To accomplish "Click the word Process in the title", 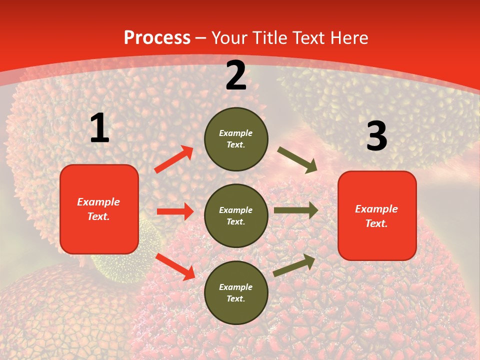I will [x=157, y=37].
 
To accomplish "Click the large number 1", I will [x=99, y=128].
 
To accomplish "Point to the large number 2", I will [x=236, y=75].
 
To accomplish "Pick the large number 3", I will [x=376, y=136].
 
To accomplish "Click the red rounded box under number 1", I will [x=99, y=209].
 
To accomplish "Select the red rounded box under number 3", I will [x=377, y=215].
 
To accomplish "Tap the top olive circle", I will [x=236, y=139].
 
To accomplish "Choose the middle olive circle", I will [x=236, y=215].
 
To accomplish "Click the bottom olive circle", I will [x=236, y=292].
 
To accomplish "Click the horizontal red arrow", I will [x=175, y=211].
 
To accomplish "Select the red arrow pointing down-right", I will [x=175, y=266].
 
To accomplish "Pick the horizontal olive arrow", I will [x=296, y=210].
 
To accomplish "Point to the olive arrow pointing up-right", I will [x=294, y=265].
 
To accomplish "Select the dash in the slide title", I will [x=201, y=38].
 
